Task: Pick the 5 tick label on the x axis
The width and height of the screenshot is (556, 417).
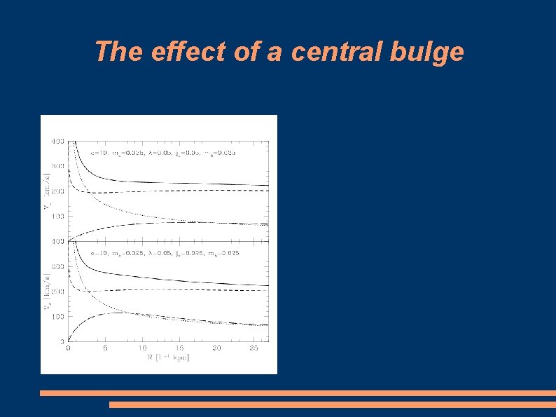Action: coord(105,348)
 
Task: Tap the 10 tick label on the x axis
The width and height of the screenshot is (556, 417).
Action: coord(142,348)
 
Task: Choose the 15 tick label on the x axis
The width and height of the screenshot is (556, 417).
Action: coord(180,348)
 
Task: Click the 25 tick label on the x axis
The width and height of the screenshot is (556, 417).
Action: coord(255,348)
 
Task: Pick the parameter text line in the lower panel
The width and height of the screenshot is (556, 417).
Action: coord(166,252)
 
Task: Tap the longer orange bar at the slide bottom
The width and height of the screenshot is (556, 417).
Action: coord(298,393)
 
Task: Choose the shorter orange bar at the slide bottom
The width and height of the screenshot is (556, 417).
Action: coord(332,404)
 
